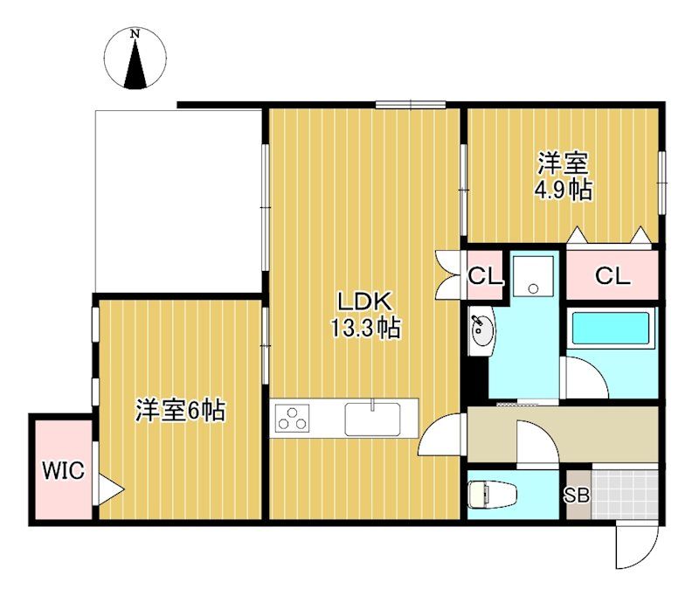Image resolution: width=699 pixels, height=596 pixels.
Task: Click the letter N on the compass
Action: click(135, 33)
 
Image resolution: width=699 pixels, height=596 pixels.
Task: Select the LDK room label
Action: click(365, 301)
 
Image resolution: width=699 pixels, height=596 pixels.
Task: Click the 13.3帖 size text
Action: click(365, 329)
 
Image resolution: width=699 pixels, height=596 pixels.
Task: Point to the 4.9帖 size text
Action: click(564, 191)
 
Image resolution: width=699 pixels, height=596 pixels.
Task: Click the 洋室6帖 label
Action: click(181, 411)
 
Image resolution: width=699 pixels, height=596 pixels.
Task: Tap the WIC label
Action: click(63, 470)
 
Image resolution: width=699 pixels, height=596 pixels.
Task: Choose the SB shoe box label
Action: click(578, 496)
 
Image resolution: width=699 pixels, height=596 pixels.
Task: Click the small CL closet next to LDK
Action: click(485, 277)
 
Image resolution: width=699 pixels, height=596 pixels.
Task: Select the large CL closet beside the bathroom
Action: click(612, 276)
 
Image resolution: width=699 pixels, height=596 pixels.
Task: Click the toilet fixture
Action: click(492, 495)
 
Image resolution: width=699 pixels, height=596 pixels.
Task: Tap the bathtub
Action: click(610, 328)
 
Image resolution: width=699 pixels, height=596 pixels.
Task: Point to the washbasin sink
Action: click(481, 330)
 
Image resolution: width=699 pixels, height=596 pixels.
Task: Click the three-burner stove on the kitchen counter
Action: click(292, 418)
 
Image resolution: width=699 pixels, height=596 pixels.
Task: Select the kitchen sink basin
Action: click(372, 419)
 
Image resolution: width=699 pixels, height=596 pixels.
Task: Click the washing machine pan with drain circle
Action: click(533, 276)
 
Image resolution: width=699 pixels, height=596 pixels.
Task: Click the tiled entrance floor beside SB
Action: click(625, 494)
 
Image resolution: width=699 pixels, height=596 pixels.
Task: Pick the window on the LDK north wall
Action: click(411, 105)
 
